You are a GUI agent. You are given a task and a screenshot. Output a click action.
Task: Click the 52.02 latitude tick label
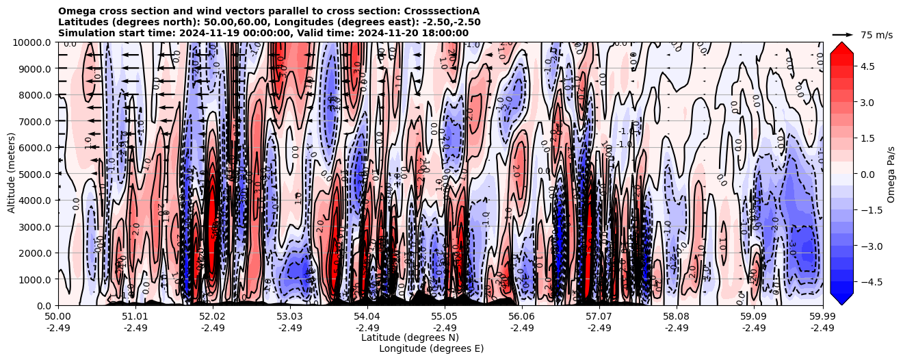coord(213,317)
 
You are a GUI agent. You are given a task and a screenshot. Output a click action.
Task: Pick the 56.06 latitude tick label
coord(522,317)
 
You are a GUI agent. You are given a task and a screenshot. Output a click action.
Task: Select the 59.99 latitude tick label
coord(822,317)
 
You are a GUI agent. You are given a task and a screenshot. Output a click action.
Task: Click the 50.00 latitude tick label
coord(58,317)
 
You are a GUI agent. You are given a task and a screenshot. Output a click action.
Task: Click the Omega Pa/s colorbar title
coord(891,174)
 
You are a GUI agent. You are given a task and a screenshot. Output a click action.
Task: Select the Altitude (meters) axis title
coord(12,174)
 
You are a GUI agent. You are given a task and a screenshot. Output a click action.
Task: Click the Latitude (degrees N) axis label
coord(410,337)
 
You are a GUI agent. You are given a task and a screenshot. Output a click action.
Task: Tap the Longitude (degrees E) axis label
coord(431,348)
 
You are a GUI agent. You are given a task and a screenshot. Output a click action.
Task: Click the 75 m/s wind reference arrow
coord(843,34)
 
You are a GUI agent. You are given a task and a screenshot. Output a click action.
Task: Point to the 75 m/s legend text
coord(876,35)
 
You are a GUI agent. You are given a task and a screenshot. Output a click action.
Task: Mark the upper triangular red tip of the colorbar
coord(841,47)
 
